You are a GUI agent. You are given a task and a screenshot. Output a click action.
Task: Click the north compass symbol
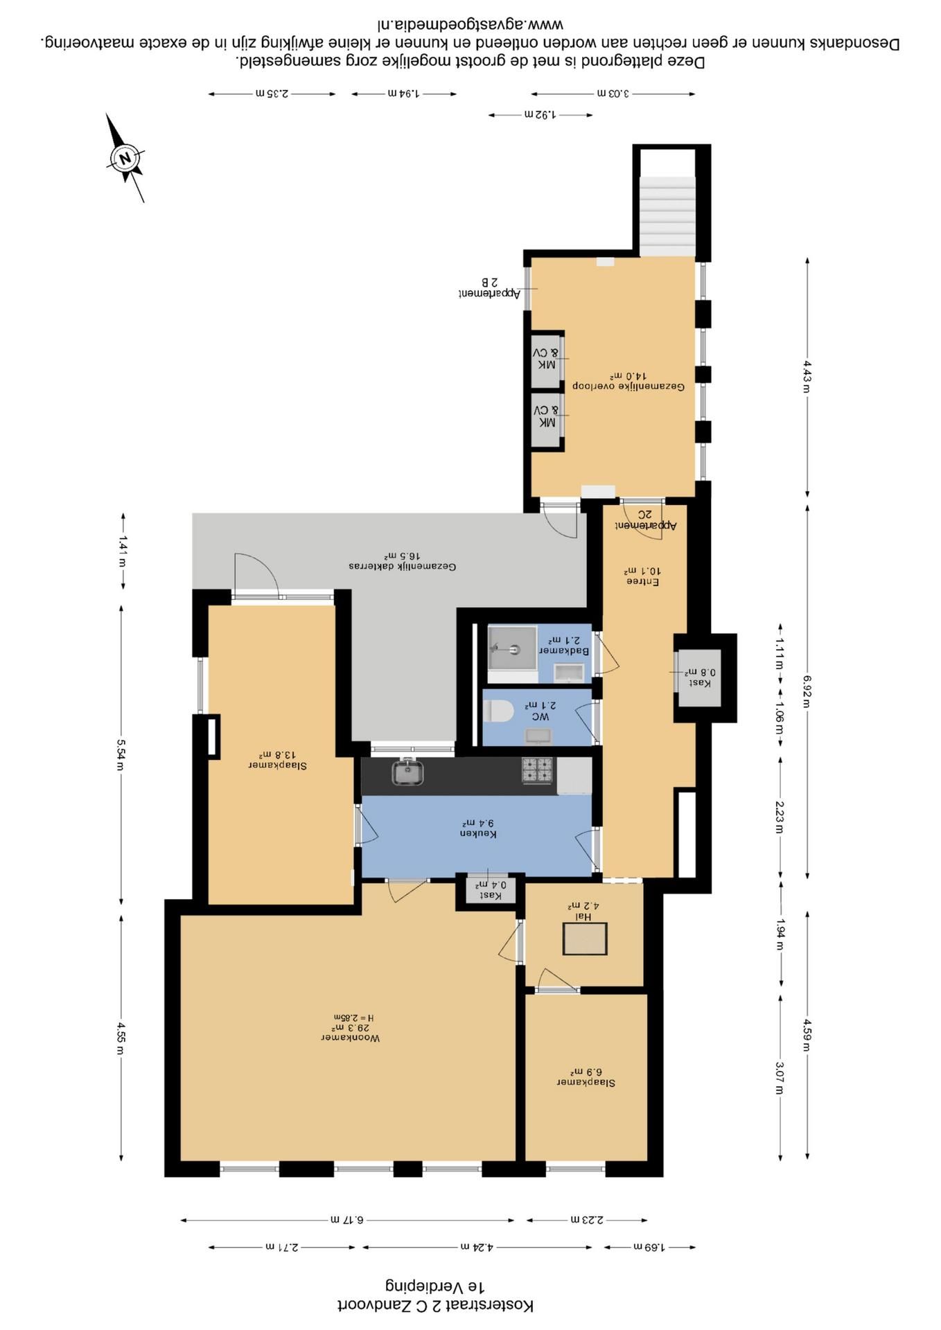pos(125,158)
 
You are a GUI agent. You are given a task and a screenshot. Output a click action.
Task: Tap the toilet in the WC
pos(498,711)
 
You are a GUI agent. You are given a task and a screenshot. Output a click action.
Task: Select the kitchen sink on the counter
pos(408,772)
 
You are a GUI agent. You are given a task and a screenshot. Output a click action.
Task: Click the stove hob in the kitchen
pos(538,770)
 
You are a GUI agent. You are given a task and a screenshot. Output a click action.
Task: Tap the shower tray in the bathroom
pos(513,648)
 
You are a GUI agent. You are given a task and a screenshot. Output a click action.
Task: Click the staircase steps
pos(667,216)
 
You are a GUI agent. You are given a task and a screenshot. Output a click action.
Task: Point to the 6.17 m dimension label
pos(347,1219)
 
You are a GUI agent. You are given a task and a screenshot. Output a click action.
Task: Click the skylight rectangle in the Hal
pos(585,939)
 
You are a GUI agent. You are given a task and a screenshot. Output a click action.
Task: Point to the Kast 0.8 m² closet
pos(699,677)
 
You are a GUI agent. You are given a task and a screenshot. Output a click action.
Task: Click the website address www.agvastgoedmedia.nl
pos(470,25)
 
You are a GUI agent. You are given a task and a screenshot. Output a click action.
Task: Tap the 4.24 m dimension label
pos(477,1247)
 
